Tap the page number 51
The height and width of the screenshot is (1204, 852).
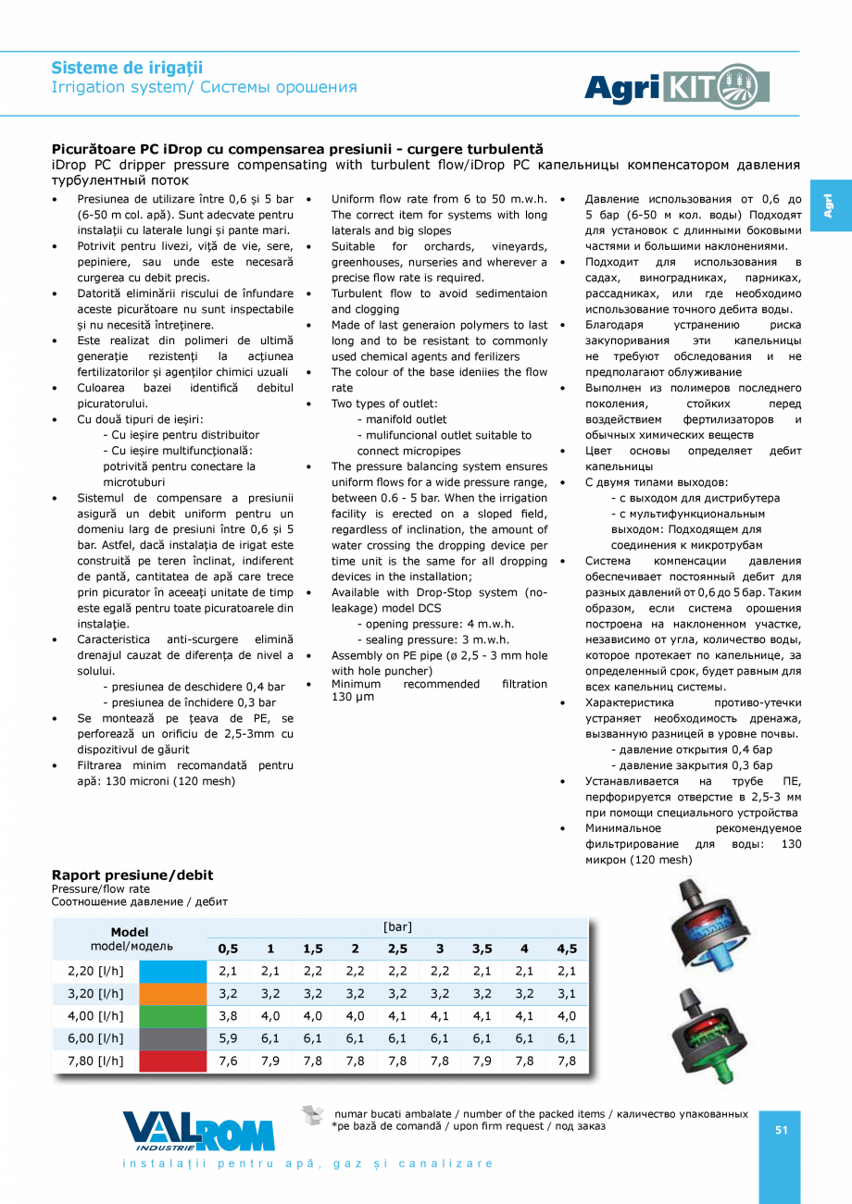click(781, 1129)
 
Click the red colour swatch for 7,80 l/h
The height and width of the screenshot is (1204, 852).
click(172, 1061)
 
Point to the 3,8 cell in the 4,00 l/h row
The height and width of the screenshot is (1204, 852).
click(228, 1015)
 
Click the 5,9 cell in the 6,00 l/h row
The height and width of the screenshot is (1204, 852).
click(228, 1038)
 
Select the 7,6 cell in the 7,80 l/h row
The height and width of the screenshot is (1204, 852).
click(228, 1061)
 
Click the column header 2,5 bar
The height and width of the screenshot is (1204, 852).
click(397, 949)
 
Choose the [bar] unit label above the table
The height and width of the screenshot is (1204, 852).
click(397, 926)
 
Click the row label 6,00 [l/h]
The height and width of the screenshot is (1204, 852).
click(95, 1038)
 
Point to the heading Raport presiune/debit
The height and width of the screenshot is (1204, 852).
click(132, 875)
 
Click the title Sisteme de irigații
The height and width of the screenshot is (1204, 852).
click(127, 68)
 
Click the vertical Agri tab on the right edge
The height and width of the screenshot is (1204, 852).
click(830, 205)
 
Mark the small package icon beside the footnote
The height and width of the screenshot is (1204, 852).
click(315, 1115)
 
